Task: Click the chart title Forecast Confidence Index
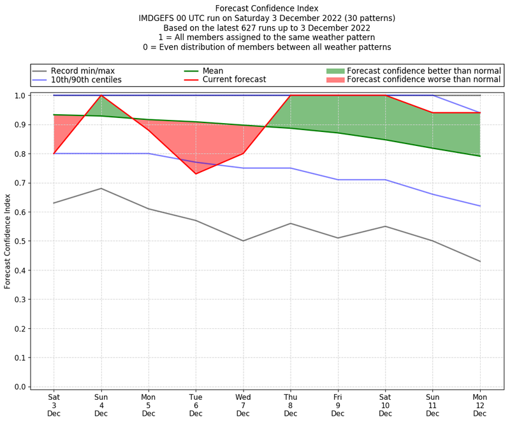tap(266, 8)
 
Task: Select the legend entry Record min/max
tap(83, 70)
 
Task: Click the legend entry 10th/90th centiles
tap(86, 80)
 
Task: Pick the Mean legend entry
tap(222, 70)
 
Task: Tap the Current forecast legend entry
tap(234, 80)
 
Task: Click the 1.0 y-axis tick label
tap(20, 96)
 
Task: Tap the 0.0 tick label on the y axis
tap(20, 387)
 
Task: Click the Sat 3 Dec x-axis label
tap(54, 404)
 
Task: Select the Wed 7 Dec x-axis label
tap(243, 404)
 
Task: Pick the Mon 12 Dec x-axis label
tap(480, 404)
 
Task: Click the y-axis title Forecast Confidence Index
tap(8, 241)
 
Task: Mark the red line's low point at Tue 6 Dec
tap(196, 173)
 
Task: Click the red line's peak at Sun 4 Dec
tap(101, 96)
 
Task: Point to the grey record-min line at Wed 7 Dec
tap(243, 241)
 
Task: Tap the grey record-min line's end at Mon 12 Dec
tap(480, 261)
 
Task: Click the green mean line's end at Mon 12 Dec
tap(480, 156)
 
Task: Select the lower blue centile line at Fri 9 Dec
tap(338, 180)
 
